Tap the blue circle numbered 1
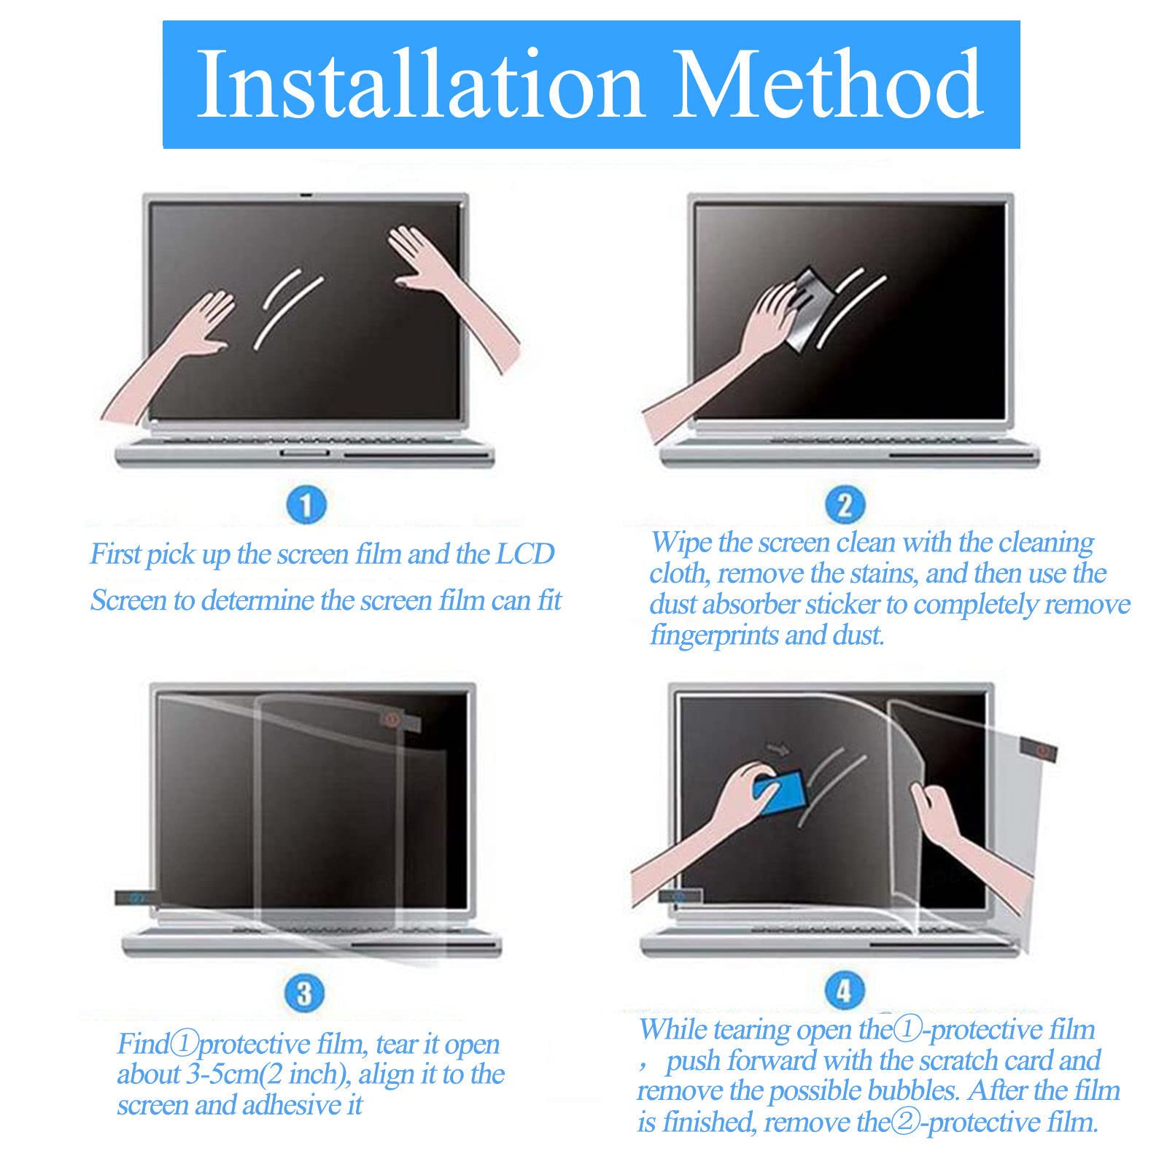pos(306,505)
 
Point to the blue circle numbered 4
pos(843,991)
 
